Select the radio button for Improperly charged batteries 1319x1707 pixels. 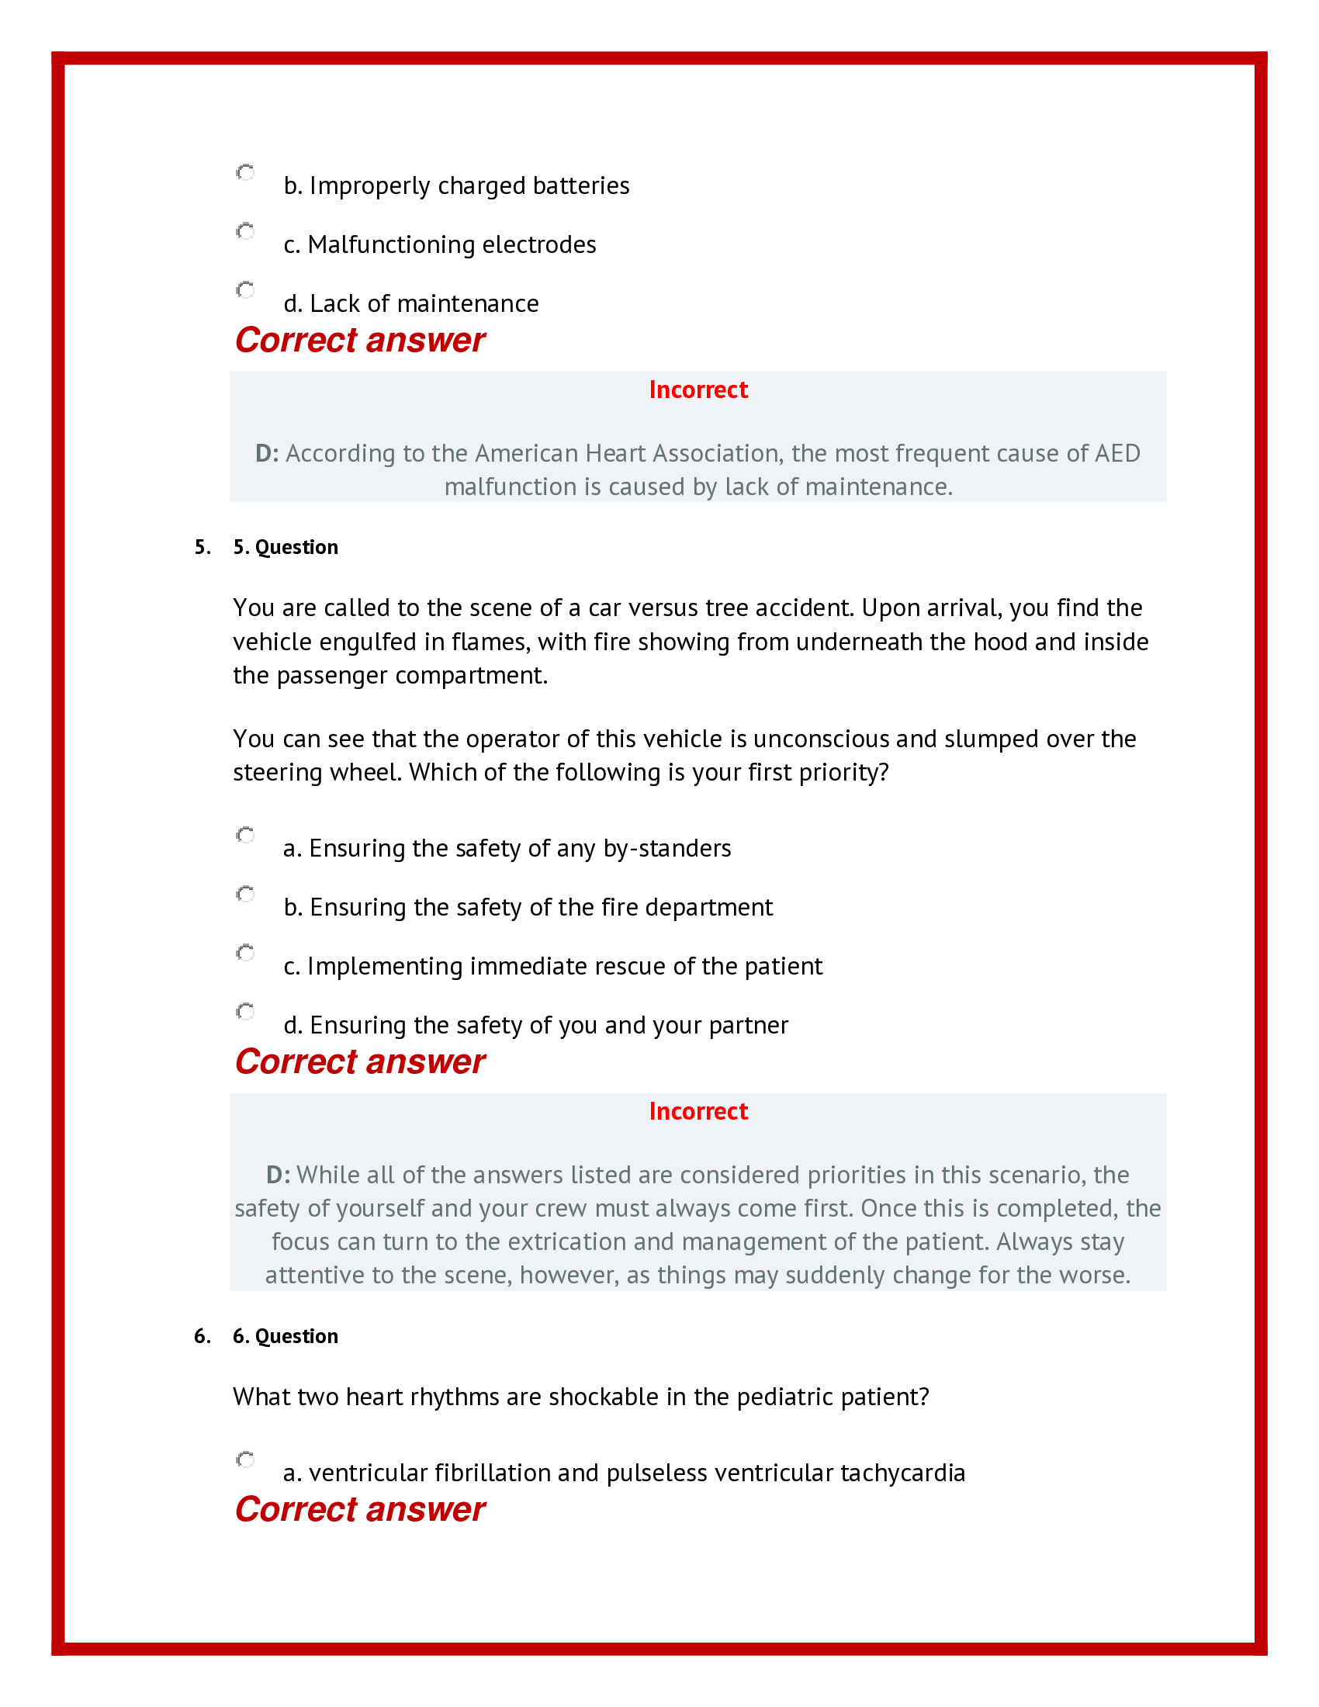[x=245, y=172]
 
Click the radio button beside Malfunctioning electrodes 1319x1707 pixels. [x=245, y=231]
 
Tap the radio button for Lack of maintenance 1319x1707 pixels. [x=245, y=290]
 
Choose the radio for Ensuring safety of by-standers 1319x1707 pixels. [x=245, y=835]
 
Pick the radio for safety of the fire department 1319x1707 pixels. [x=245, y=893]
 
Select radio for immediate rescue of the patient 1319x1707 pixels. [x=245, y=953]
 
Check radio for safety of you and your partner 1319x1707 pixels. [x=245, y=1011]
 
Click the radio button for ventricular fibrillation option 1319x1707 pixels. [x=245, y=1459]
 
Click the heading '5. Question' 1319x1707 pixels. [x=286, y=547]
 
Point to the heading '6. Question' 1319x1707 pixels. [x=286, y=1336]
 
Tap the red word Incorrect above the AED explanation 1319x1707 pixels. [x=698, y=390]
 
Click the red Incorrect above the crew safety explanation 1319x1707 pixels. [x=698, y=1110]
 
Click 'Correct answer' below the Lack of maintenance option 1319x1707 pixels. [x=359, y=340]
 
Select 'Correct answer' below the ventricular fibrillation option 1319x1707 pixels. [x=359, y=1509]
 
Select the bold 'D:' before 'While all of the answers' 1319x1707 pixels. [x=278, y=1175]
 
